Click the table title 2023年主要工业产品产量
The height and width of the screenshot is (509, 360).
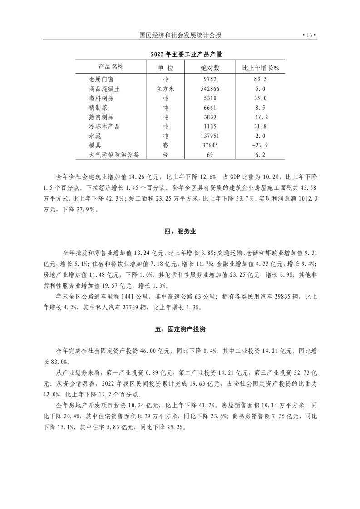180,54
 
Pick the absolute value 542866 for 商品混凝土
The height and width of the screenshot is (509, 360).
210,89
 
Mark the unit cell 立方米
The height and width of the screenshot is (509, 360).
165,89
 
